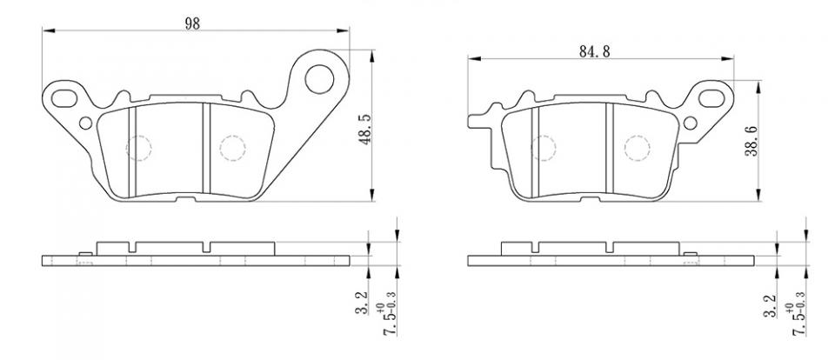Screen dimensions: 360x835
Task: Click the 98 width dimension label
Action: (x=192, y=23)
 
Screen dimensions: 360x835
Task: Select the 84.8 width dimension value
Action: (x=594, y=51)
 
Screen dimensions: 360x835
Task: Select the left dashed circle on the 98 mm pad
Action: (x=139, y=149)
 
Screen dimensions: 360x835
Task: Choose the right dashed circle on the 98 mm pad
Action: (x=231, y=149)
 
